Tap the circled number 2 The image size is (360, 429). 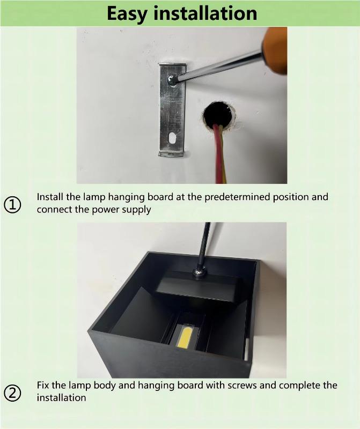pyautogui.click(x=12, y=393)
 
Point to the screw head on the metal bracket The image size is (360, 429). pyautogui.click(x=172, y=80)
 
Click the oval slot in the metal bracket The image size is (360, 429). pyautogui.click(x=172, y=138)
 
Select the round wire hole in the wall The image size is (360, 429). pyautogui.click(x=219, y=115)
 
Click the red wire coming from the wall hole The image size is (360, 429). pyautogui.click(x=218, y=153)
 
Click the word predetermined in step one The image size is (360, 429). pyautogui.click(x=238, y=197)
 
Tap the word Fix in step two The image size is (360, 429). pyautogui.click(x=43, y=385)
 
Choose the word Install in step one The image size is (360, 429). pyautogui.click(x=50, y=197)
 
